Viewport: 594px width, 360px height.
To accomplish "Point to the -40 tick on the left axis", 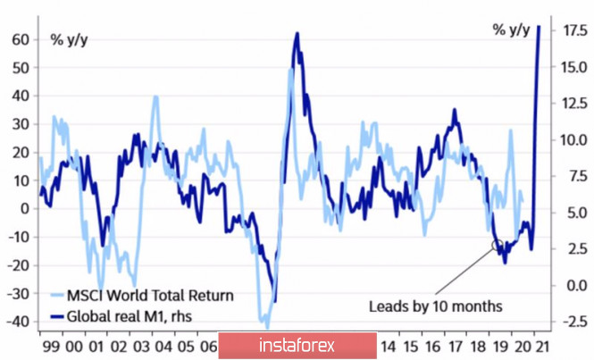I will point(17,322).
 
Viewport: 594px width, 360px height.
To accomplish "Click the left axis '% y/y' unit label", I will point(70,38).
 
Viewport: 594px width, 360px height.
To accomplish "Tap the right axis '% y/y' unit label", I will point(511,30).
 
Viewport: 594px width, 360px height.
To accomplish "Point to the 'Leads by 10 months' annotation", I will point(436,306).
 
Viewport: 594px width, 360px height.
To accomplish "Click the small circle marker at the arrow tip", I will point(497,244).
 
